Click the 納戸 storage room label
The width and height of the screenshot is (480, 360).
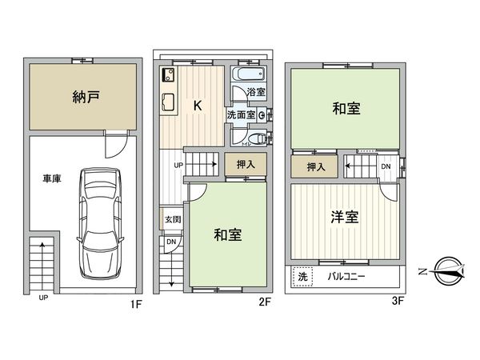pyautogui.click(x=78, y=99)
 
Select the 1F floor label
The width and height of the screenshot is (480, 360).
pyautogui.click(x=136, y=304)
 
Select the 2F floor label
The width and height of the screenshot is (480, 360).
pyautogui.click(x=265, y=304)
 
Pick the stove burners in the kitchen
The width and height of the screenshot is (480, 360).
pyautogui.click(x=168, y=77)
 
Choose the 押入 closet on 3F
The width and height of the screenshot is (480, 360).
pyautogui.click(x=315, y=167)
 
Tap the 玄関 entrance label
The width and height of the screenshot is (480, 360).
pyautogui.click(x=172, y=219)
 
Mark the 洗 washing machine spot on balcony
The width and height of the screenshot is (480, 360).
pyautogui.click(x=302, y=275)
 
